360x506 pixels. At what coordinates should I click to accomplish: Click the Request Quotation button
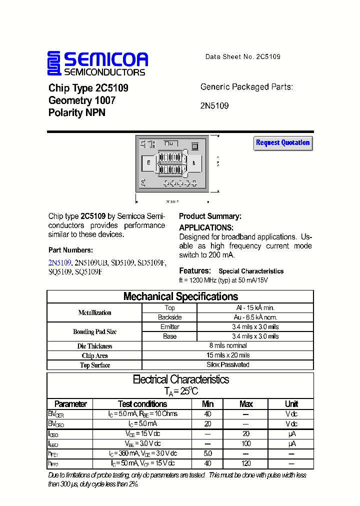283,143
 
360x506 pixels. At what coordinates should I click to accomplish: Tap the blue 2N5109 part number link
60,262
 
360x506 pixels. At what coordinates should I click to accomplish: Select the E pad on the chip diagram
148,162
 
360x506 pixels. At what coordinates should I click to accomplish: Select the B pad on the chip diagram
194,163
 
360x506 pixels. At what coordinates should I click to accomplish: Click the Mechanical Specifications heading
180,296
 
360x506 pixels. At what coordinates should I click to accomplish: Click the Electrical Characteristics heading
180,379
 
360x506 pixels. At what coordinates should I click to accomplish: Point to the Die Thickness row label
95,346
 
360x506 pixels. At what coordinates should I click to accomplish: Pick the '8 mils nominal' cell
228,345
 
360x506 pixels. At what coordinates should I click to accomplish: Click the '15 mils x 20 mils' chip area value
228,355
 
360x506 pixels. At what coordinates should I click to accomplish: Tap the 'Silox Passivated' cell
228,364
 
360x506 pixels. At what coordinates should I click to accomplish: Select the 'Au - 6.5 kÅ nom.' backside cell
255,317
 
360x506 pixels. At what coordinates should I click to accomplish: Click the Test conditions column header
142,404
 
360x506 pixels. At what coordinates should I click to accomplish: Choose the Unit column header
291,404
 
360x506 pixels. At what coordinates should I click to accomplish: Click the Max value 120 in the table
246,463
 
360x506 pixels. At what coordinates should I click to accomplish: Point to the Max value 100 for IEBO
246,443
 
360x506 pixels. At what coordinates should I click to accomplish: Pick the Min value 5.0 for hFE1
207,453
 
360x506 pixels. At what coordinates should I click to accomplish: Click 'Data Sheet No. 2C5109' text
242,57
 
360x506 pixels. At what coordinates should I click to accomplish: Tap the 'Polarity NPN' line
77,113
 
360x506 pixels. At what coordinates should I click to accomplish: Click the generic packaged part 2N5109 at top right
214,106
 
